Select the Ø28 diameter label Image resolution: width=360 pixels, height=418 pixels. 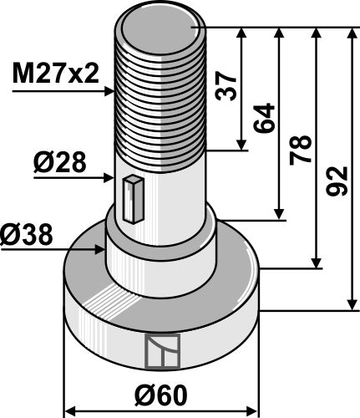tap(60, 163)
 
